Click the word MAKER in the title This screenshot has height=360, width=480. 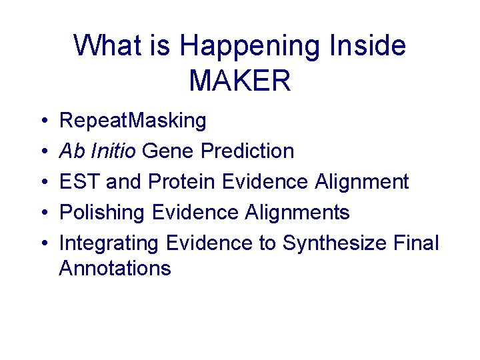tap(240, 81)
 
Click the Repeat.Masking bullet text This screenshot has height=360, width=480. tap(133, 121)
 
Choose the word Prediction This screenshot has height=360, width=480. tap(247, 151)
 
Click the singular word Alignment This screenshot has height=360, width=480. tap(361, 182)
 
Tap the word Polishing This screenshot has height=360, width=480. tap(102, 213)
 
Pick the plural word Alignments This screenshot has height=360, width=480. tap(297, 213)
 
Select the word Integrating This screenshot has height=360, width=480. tap(109, 243)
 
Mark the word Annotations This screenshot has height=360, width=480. tap(115, 268)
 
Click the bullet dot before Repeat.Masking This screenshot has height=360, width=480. tap(43, 121)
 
